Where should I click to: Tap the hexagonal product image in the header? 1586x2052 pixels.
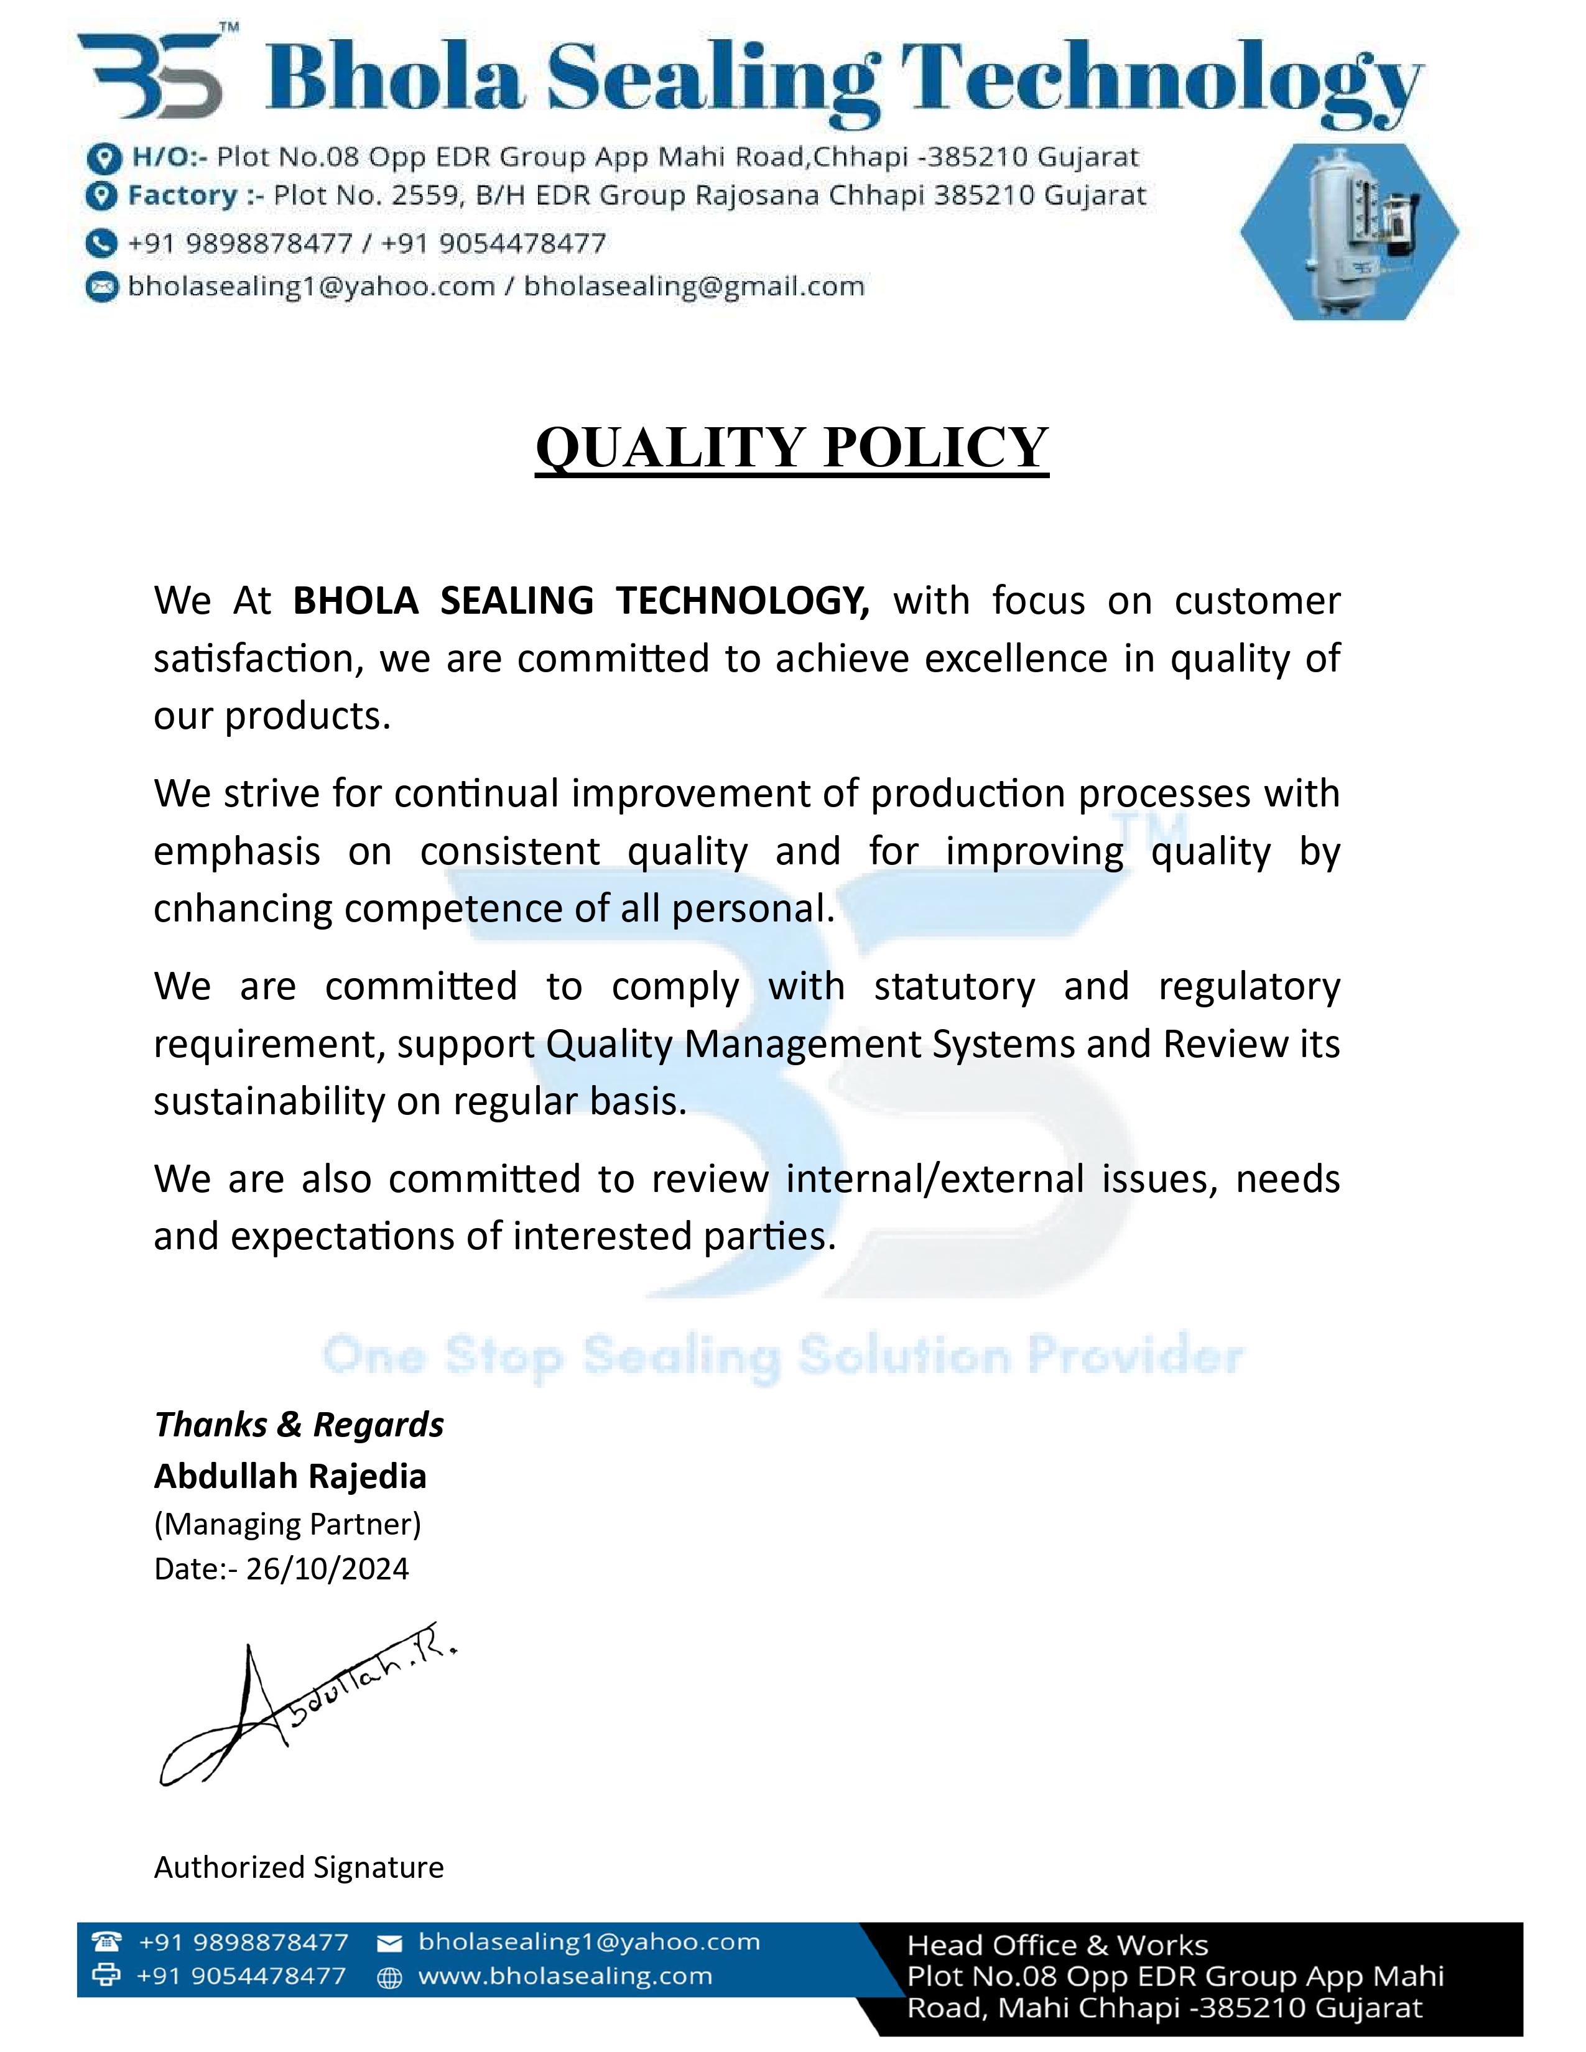1349,232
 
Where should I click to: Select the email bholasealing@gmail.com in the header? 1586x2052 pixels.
693,287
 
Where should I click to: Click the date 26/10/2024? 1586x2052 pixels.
327,1569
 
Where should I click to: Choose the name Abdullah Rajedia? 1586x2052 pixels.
290,1476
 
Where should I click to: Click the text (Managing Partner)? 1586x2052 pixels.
287,1523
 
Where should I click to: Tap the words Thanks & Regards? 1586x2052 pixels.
299,1425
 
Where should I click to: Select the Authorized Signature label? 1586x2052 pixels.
299,1867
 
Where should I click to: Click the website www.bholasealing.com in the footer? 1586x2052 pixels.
565,1976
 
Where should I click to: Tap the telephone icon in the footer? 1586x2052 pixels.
106,1941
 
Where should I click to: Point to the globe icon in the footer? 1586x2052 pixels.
389,1978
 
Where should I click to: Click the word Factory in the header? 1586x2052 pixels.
183,195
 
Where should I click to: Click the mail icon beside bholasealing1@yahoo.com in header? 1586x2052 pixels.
101,287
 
